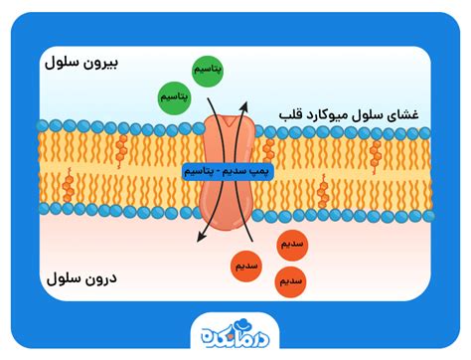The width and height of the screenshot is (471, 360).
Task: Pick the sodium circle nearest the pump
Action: pos(246,265)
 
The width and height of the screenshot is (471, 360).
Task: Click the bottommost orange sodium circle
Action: pos(291,281)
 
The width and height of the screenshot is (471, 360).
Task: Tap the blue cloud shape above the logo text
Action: pos(207,331)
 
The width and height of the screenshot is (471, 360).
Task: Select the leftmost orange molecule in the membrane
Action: pos(68,186)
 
